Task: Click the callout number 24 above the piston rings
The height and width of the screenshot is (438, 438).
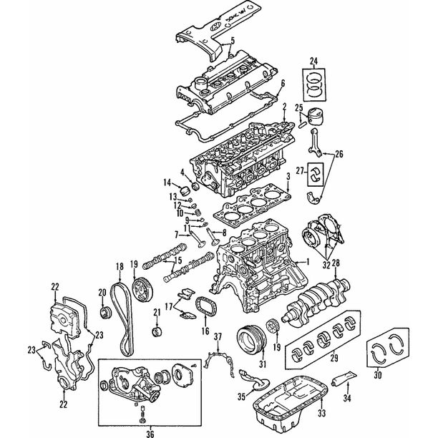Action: click(x=313, y=60)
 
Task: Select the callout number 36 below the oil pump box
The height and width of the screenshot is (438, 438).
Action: click(x=150, y=434)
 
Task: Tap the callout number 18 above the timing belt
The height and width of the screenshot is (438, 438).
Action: click(x=120, y=266)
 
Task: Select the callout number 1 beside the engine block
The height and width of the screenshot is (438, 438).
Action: click(x=308, y=262)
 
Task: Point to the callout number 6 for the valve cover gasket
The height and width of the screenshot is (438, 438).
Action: click(x=283, y=83)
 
